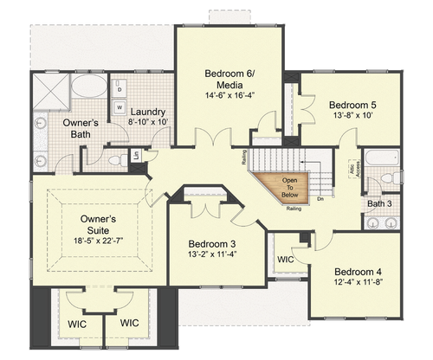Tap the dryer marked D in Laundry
(x=118, y=90)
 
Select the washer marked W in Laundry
(x=119, y=107)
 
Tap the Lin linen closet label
(x=136, y=155)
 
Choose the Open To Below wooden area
(x=287, y=185)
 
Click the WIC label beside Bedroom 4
(x=285, y=260)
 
